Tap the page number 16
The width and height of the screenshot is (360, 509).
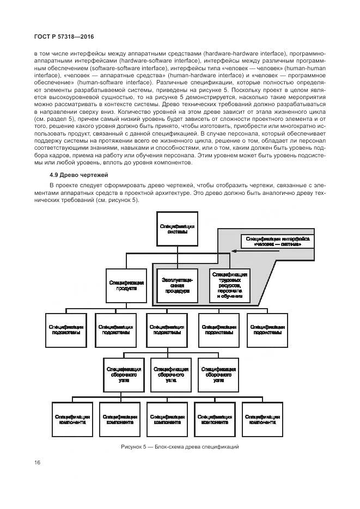[38, 463]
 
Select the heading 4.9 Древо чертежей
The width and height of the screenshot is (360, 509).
[79, 175]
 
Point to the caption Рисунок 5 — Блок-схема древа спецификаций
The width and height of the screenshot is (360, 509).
[180, 447]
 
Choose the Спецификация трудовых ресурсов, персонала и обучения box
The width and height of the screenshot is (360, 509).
[230, 285]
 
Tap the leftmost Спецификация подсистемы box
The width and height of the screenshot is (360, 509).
[64, 329]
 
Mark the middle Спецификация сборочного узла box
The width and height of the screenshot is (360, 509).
[170, 374]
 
